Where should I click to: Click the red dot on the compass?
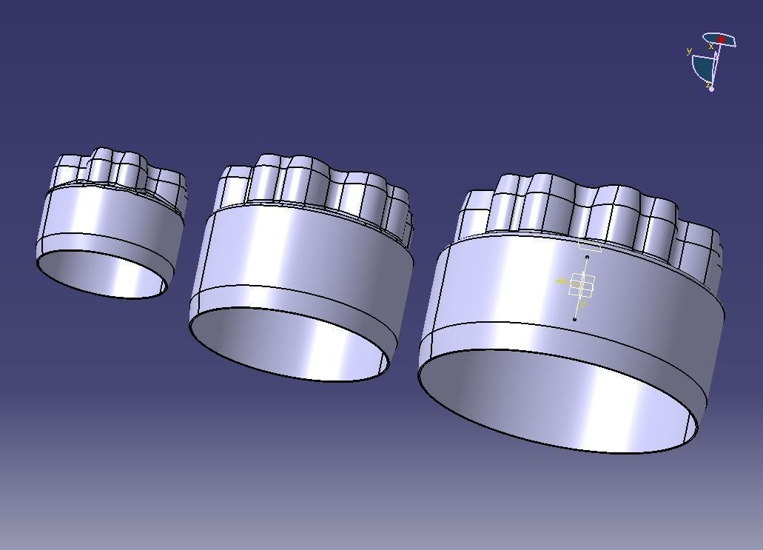[721, 39]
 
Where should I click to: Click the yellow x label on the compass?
[711, 46]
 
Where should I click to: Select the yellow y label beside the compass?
[689, 51]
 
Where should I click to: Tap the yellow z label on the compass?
[707, 84]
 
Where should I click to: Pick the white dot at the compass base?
[712, 89]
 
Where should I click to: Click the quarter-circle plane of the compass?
[702, 67]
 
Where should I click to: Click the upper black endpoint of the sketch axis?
[587, 258]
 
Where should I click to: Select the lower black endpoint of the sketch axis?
[575, 319]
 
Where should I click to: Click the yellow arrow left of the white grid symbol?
[561, 281]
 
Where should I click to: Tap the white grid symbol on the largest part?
[582, 284]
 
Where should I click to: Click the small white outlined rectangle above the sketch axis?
[590, 246]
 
